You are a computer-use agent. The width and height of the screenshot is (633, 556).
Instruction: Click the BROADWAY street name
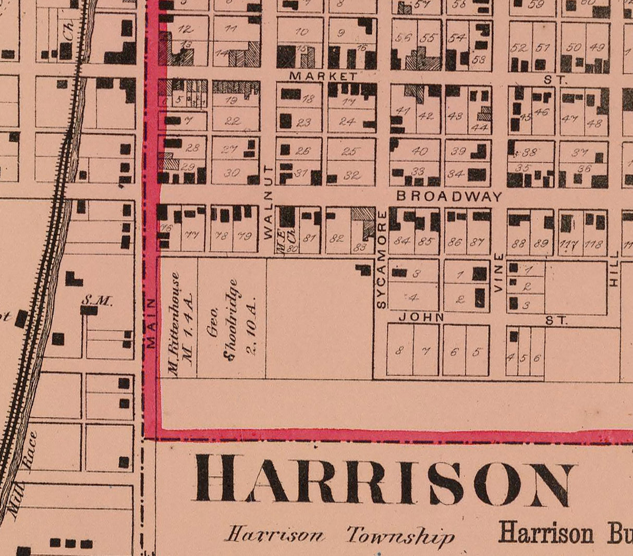coord(449,196)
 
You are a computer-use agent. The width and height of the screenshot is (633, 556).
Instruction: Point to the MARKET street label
coord(323,76)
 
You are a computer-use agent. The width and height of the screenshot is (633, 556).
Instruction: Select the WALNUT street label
coord(269,202)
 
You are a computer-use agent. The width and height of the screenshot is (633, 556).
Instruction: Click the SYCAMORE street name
coord(381,260)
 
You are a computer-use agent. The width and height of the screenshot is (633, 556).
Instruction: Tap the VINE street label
coord(498,272)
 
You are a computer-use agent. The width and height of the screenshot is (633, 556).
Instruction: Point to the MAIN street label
coord(151,323)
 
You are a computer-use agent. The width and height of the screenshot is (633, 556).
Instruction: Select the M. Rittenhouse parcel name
coord(181,324)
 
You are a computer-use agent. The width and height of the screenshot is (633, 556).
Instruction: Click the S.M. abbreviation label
coord(97,300)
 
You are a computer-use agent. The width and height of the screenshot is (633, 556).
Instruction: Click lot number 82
coord(337,238)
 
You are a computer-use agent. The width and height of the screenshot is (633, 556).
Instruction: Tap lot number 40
coord(419,151)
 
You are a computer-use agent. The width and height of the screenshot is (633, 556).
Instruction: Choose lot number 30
coord(232,173)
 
